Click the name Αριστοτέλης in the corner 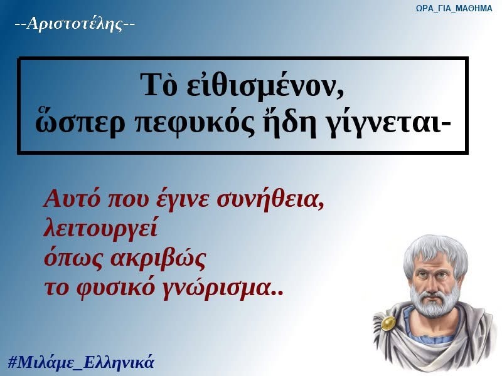click(74, 24)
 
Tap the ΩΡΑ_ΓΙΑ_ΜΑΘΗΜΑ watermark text click(454, 8)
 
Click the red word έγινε click(184, 200)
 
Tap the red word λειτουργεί click(100, 229)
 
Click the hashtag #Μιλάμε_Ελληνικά click(81, 362)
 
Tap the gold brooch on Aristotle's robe click(388, 323)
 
